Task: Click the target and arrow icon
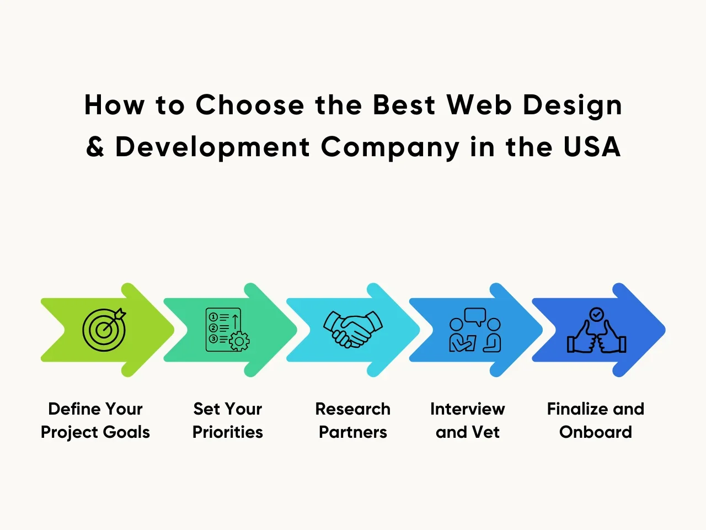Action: click(x=104, y=330)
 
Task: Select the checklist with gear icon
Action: click(x=227, y=330)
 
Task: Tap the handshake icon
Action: click(x=353, y=330)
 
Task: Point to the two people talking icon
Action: click(x=475, y=330)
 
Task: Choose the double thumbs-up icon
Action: click(x=596, y=330)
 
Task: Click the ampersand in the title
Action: click(x=95, y=147)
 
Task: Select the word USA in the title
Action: click(x=592, y=147)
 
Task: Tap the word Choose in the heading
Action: click(x=250, y=105)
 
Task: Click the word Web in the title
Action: click(x=479, y=105)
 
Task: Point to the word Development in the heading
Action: click(x=212, y=147)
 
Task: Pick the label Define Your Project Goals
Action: click(x=95, y=421)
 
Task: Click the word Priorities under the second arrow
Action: click(x=228, y=432)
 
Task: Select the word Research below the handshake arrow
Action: click(x=353, y=409)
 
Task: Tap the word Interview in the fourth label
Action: click(x=468, y=409)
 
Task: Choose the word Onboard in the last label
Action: click(x=596, y=432)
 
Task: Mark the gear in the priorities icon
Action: click(x=239, y=341)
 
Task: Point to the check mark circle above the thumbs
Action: click(x=597, y=314)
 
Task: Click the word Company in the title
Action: click(x=390, y=147)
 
